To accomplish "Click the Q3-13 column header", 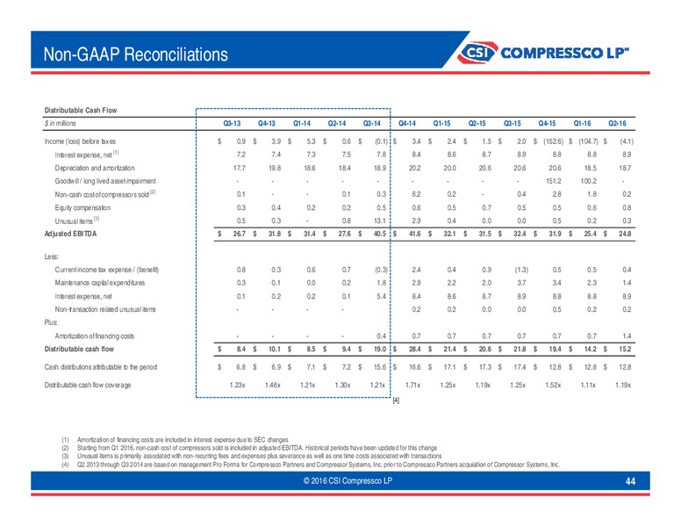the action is point(232,124).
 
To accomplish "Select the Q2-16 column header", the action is point(617,124).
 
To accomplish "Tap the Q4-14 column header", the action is point(407,124).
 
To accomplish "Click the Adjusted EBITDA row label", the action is point(70,234).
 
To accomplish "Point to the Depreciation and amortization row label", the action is point(95,169).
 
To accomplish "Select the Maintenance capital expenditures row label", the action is point(100,283).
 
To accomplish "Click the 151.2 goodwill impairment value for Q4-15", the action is point(553,181).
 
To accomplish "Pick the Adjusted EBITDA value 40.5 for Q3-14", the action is point(380,234).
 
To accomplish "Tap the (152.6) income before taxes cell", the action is point(553,141).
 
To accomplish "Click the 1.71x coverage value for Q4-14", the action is point(413,386).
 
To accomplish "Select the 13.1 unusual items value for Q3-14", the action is point(380,220).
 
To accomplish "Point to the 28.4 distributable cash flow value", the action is point(415,350).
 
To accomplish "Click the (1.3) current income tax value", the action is point(521,270).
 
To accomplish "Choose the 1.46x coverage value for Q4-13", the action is point(273,386).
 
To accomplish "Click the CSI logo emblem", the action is point(477,53).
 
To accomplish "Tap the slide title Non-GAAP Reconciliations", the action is point(135,54).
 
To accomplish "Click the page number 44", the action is point(630,481).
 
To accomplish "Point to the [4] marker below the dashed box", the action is point(396,401).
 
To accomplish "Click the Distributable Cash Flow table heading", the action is point(81,111).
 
